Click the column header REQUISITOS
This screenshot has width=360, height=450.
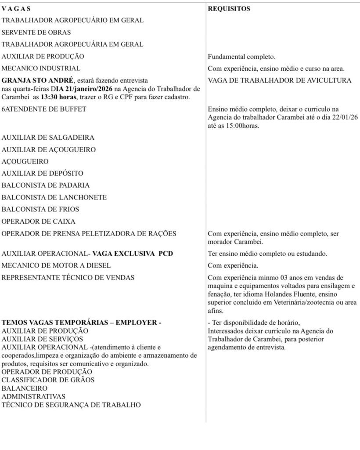point(229,8)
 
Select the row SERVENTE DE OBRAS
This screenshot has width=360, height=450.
point(36,33)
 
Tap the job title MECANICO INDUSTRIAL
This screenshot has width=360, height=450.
point(41,68)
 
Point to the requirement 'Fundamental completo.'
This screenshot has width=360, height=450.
point(241,57)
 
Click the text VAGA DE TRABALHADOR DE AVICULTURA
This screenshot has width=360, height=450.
point(280,80)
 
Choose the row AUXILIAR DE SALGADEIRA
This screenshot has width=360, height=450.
point(48,138)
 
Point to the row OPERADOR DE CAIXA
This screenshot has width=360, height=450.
point(39,221)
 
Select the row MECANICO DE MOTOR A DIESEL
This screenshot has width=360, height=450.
point(56,265)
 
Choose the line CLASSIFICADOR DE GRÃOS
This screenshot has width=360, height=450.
point(48,380)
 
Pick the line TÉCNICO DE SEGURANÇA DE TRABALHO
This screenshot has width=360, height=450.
point(72,405)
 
